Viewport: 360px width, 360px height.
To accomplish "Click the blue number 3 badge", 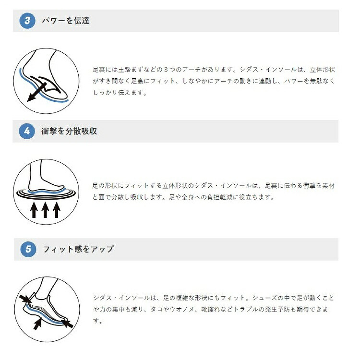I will click(x=27, y=21).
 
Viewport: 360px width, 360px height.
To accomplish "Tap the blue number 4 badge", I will click(x=27, y=131).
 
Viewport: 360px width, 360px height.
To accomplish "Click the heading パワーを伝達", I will click(x=65, y=21).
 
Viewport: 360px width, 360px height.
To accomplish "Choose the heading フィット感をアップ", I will click(x=78, y=249).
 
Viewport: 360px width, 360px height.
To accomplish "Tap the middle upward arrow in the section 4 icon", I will click(x=45, y=209).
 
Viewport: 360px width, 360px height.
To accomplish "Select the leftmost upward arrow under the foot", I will click(x=34, y=209).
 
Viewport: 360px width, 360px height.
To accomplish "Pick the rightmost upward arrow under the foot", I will click(x=57, y=209).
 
